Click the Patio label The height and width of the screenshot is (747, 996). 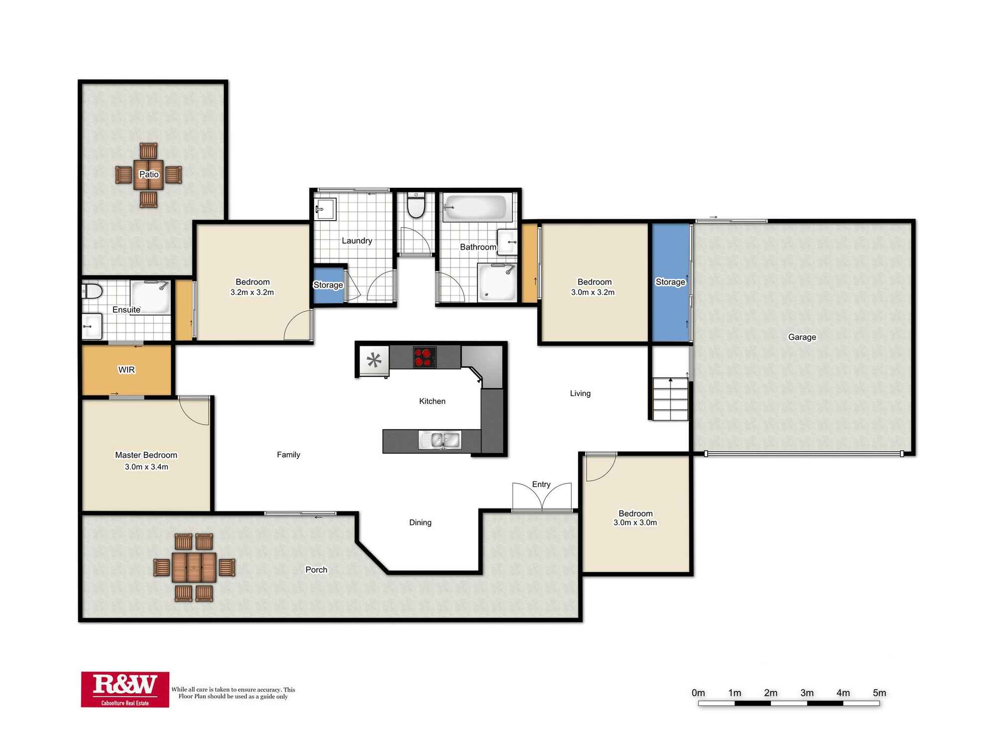pyautogui.click(x=149, y=174)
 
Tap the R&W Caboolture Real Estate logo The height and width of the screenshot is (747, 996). pyautogui.click(x=125, y=689)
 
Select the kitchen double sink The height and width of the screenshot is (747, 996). pyautogui.click(x=440, y=440)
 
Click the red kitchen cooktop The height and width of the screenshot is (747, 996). pyautogui.click(x=424, y=357)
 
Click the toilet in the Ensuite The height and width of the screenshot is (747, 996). pyautogui.click(x=93, y=290)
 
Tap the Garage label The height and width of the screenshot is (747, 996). pyautogui.click(x=802, y=337)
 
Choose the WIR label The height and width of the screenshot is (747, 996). pyautogui.click(x=126, y=370)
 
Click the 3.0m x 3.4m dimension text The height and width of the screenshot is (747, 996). pyautogui.click(x=146, y=467)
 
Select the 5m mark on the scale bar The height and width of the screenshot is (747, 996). pyautogui.click(x=879, y=693)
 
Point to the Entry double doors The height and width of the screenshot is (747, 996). pyautogui.click(x=542, y=497)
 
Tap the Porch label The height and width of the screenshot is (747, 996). pyautogui.click(x=316, y=570)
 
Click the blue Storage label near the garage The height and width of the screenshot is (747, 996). pyautogui.click(x=670, y=282)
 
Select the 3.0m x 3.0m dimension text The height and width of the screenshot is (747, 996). pyautogui.click(x=635, y=522)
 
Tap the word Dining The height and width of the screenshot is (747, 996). pyautogui.click(x=420, y=522)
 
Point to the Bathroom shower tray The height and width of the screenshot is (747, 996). pyautogui.click(x=497, y=282)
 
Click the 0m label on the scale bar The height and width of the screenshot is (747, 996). pyautogui.click(x=698, y=693)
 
